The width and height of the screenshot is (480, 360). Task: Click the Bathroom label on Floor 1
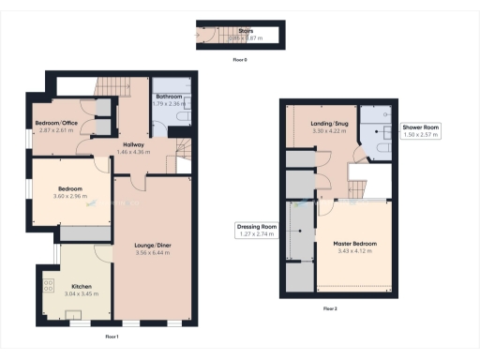[x=170, y=96]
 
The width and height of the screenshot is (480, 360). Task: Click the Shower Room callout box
[x=420, y=130]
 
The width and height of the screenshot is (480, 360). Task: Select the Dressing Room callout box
[x=256, y=231]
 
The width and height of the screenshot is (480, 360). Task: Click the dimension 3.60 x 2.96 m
[x=69, y=197]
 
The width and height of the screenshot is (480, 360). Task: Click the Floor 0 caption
[x=240, y=59]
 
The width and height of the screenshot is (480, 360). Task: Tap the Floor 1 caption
[x=112, y=335]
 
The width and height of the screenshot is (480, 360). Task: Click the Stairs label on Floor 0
[x=246, y=31]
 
